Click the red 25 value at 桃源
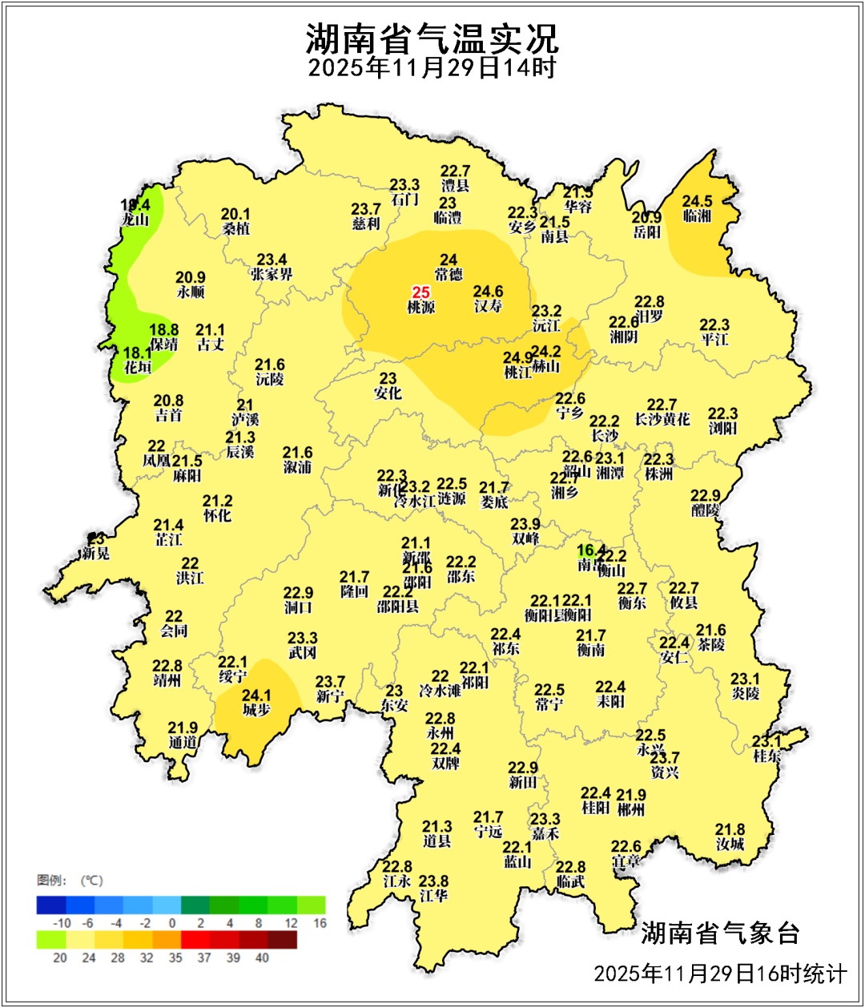pos(421,292)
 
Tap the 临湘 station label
pos(697,216)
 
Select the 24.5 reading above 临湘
pos(697,202)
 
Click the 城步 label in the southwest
pos(256,710)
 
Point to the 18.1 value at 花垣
pos(137,353)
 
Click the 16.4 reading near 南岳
pos(591,550)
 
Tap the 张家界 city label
pos(272,274)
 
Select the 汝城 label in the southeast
pos(730,844)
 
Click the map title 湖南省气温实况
pos(432,38)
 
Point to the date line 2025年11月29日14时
pos(432,68)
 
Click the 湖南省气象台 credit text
pos(720,933)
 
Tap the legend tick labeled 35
pos(175,958)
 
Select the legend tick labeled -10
pos(62,923)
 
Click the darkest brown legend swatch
pos(283,940)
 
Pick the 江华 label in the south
pos(433,895)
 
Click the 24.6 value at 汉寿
pos(488,292)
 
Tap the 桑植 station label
pos(235,228)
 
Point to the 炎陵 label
pos(745,693)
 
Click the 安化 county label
pos(388,393)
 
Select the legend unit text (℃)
pos(90,881)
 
